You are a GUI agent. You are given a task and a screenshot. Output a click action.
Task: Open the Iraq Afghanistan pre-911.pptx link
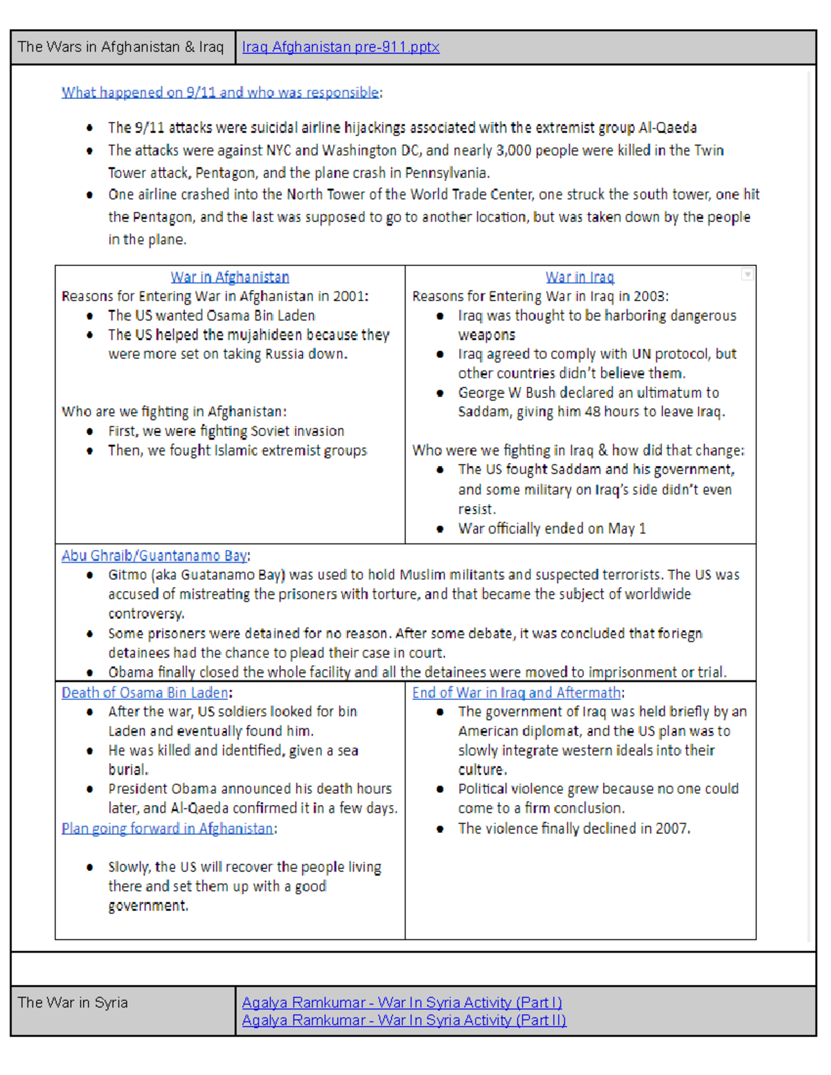340,47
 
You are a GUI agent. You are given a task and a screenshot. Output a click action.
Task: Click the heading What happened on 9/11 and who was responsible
220,92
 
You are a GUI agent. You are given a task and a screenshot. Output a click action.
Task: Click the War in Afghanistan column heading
230,277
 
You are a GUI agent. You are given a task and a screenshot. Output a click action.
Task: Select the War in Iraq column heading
580,277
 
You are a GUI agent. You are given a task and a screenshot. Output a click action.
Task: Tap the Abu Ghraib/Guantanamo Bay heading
154,555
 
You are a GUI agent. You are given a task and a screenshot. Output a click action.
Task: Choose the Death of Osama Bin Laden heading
145,692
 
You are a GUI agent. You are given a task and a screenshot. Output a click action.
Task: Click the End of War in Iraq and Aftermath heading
516,692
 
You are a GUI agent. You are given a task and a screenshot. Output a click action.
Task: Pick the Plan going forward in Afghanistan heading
167,828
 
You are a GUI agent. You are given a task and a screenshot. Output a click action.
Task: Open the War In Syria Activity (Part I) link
402,1002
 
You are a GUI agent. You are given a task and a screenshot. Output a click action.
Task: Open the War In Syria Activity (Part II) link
404,1020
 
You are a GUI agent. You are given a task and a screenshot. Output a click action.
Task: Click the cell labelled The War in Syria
73,1002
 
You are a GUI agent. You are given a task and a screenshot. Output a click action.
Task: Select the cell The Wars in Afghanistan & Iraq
120,47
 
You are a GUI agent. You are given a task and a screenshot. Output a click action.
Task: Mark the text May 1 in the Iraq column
627,528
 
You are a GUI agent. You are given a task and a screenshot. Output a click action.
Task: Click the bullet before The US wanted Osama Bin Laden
90,316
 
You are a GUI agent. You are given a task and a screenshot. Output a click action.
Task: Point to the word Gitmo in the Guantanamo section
127,575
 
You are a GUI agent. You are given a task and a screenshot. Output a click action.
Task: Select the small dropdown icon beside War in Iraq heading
747,274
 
